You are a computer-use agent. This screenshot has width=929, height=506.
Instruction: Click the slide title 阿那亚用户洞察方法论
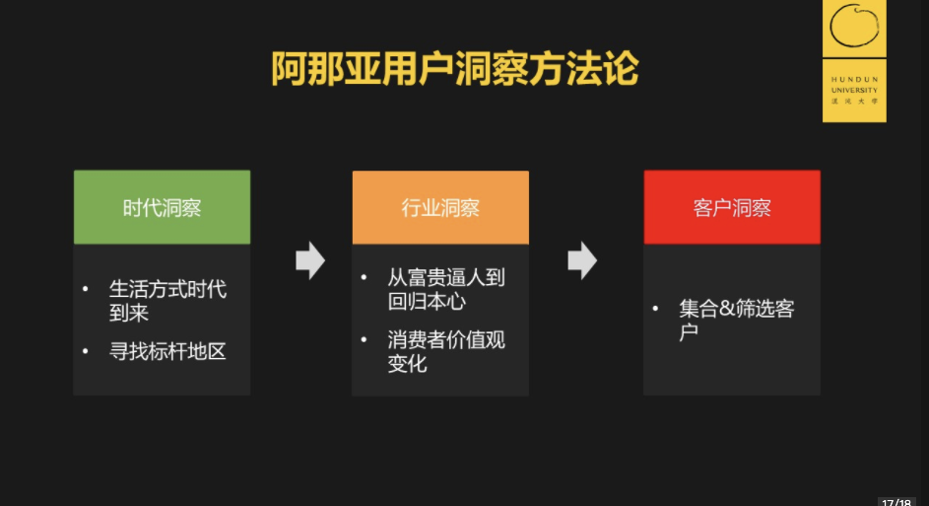(x=455, y=70)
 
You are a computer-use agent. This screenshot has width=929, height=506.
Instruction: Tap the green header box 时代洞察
(x=162, y=208)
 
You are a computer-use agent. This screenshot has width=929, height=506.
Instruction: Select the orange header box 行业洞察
(x=440, y=208)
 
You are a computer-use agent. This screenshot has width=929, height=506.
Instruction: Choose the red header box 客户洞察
(x=732, y=208)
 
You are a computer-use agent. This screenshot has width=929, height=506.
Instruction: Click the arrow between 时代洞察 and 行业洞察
(x=310, y=259)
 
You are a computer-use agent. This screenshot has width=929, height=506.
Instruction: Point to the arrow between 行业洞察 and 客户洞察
(x=582, y=259)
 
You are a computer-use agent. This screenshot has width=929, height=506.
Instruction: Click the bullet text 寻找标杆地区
(x=167, y=351)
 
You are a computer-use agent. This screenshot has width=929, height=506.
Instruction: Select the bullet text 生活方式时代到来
(x=167, y=301)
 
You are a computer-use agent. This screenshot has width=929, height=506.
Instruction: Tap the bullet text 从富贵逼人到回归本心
(x=446, y=289)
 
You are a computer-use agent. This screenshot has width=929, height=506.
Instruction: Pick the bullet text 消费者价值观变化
(x=446, y=351)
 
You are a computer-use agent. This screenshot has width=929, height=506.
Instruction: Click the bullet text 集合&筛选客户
(x=737, y=320)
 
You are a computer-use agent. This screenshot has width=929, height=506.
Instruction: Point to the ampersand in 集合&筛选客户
(x=727, y=309)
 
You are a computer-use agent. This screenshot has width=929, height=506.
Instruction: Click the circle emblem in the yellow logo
(x=854, y=28)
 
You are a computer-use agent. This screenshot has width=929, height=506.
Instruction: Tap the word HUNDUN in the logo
(x=854, y=79)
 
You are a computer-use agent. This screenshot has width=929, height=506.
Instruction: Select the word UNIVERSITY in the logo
(x=854, y=90)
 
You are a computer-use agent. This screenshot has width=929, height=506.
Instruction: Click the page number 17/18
(x=896, y=501)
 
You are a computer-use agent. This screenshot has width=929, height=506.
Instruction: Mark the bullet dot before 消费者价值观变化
(x=365, y=339)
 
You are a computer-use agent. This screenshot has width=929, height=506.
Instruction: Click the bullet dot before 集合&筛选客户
(x=656, y=309)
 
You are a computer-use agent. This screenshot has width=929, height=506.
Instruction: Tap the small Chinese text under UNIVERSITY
(x=854, y=101)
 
